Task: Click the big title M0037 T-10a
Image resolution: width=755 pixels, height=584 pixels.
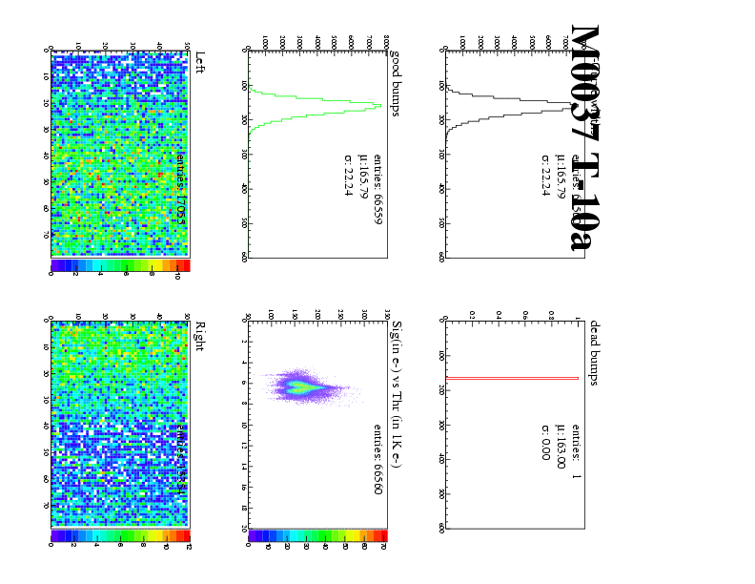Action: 584,138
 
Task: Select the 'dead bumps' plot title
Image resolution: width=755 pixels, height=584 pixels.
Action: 594,352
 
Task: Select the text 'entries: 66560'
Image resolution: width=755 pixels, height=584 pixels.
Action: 377,459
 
